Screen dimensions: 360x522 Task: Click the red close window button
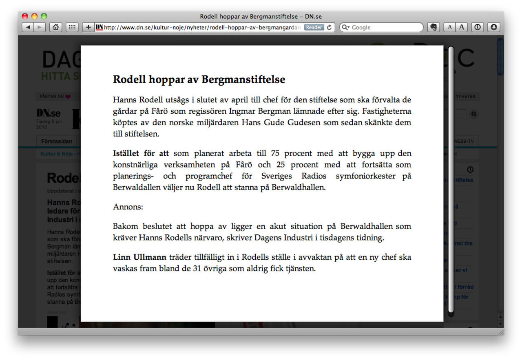click(x=25, y=16)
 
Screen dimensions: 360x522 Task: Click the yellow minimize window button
click(x=34, y=16)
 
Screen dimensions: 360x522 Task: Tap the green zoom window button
click(x=44, y=16)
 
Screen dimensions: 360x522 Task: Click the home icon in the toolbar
click(x=55, y=27)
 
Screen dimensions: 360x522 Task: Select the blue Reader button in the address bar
click(x=314, y=27)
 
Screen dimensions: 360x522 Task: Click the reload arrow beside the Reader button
click(x=330, y=27)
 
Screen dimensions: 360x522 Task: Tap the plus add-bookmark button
click(x=88, y=27)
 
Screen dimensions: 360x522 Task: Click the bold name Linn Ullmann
click(x=139, y=257)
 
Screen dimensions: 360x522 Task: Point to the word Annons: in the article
click(x=128, y=207)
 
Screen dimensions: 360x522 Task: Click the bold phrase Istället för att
click(x=140, y=154)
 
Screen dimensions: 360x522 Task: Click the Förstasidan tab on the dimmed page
click(x=57, y=141)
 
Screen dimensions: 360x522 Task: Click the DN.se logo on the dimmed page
click(x=49, y=113)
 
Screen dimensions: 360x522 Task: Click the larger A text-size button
click(x=462, y=27)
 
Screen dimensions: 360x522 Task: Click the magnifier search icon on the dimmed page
click(x=473, y=114)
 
